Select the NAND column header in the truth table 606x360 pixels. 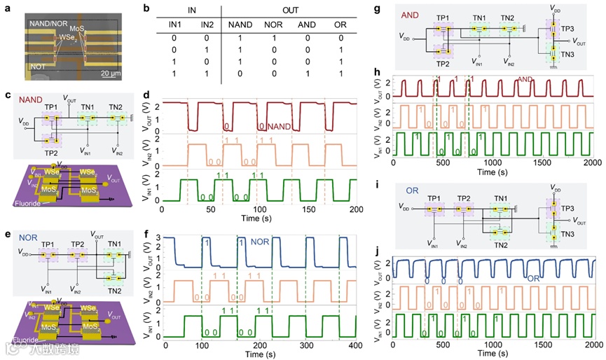pyautogui.click(x=240, y=26)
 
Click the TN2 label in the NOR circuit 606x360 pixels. pyautogui.click(x=116, y=291)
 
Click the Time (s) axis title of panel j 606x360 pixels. pyautogui.click(x=494, y=354)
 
